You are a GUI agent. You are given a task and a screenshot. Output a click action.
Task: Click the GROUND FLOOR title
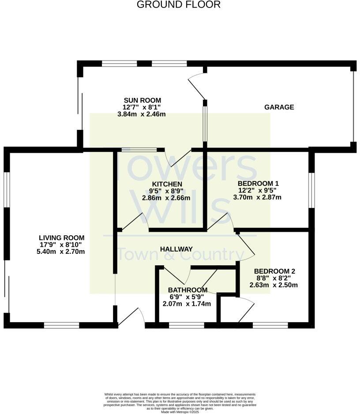click(x=178, y=5)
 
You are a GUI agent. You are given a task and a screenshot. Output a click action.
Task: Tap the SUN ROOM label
click(x=142, y=100)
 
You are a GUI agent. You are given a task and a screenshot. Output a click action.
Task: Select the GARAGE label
click(x=279, y=107)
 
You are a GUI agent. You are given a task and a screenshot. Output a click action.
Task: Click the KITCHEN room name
click(x=166, y=184)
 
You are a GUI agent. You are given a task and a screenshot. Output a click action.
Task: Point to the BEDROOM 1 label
click(x=258, y=183)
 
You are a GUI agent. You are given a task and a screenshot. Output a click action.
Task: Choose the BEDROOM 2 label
click(x=274, y=271)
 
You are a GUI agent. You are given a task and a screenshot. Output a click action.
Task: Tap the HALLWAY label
click(x=176, y=249)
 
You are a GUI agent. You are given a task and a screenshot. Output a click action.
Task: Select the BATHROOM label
click(x=187, y=290)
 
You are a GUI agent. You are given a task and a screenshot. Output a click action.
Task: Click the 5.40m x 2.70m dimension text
click(x=61, y=252)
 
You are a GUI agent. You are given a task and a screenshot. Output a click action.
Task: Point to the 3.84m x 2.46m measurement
click(x=142, y=114)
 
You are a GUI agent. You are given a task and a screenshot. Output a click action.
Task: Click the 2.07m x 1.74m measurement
click(x=187, y=304)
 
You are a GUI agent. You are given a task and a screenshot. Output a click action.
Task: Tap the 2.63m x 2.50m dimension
click(x=274, y=285)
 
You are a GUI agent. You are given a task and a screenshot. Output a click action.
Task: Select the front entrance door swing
click(x=132, y=317)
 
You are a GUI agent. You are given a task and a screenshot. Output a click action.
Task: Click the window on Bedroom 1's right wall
click(x=311, y=190)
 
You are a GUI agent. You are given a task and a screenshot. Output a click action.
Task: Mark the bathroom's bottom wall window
click(x=186, y=326)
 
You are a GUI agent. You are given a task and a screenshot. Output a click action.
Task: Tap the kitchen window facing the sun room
click(x=139, y=150)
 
